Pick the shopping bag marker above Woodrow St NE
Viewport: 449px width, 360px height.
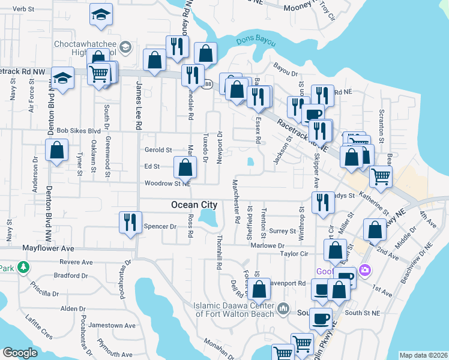tap(185, 167)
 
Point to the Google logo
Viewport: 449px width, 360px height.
tap(20, 353)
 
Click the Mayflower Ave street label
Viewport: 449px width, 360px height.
tap(48, 248)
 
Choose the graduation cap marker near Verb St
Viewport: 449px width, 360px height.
tap(101, 14)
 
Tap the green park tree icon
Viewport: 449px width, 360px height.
tap(23, 267)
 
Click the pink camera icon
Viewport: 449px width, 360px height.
tap(364, 271)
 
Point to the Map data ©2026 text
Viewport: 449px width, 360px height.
tap(423, 355)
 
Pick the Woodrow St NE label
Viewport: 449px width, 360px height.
tap(167, 184)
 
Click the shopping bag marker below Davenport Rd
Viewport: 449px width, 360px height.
tap(259, 291)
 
